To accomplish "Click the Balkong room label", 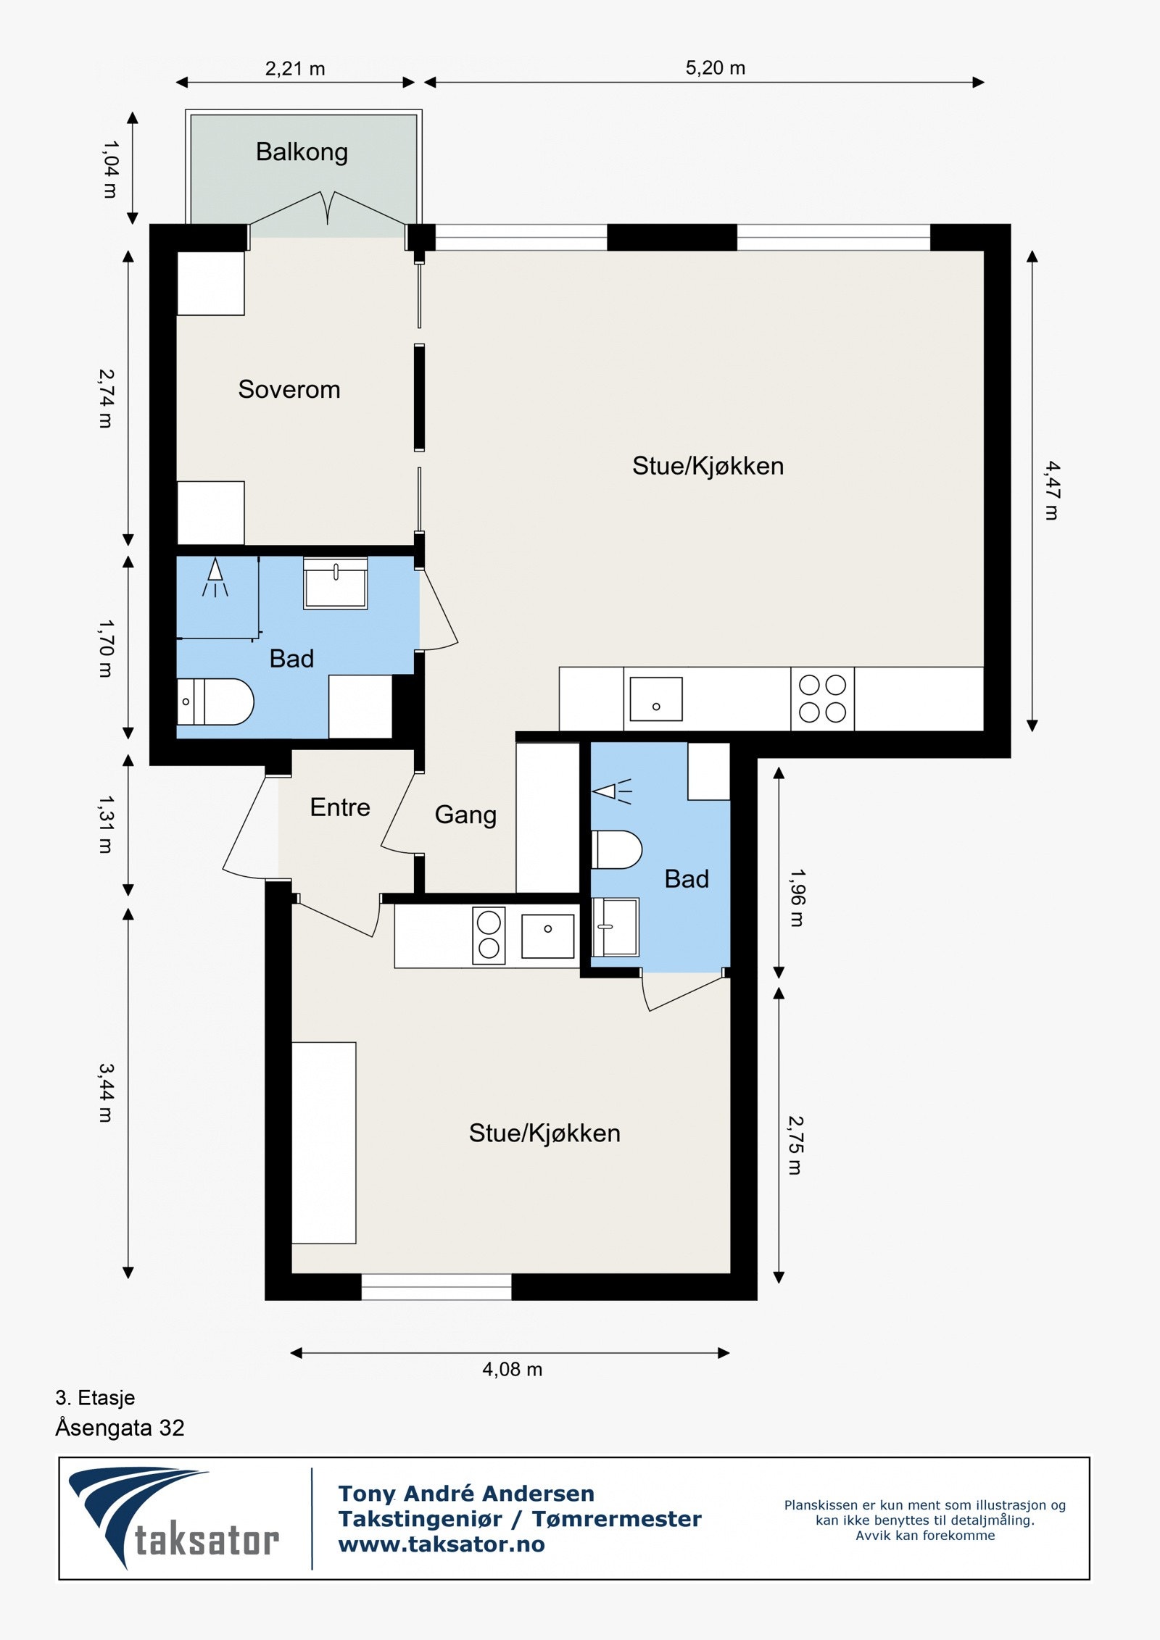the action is [302, 152].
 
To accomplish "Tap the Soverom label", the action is [289, 389].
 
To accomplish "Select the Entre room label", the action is [340, 807].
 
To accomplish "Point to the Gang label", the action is [465, 815].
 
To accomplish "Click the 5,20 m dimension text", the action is [716, 68].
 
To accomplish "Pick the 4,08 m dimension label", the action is [513, 1369].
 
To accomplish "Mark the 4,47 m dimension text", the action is [1052, 491].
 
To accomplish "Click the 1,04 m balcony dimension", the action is [109, 170].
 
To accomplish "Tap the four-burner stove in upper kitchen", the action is [822, 699].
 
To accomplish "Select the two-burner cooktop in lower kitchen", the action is [489, 935].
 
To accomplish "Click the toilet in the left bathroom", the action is [215, 702].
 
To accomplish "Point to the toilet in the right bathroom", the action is [617, 849].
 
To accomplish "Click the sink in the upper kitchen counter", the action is [656, 699].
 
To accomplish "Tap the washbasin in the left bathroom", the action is [335, 583].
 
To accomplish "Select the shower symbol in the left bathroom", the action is [215, 578].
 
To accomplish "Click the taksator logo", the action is [174, 1518].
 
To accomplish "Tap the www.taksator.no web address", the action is [442, 1544].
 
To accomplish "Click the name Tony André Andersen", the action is [466, 1494].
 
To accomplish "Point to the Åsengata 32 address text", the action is [120, 1428].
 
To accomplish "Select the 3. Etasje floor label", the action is [95, 1397].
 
